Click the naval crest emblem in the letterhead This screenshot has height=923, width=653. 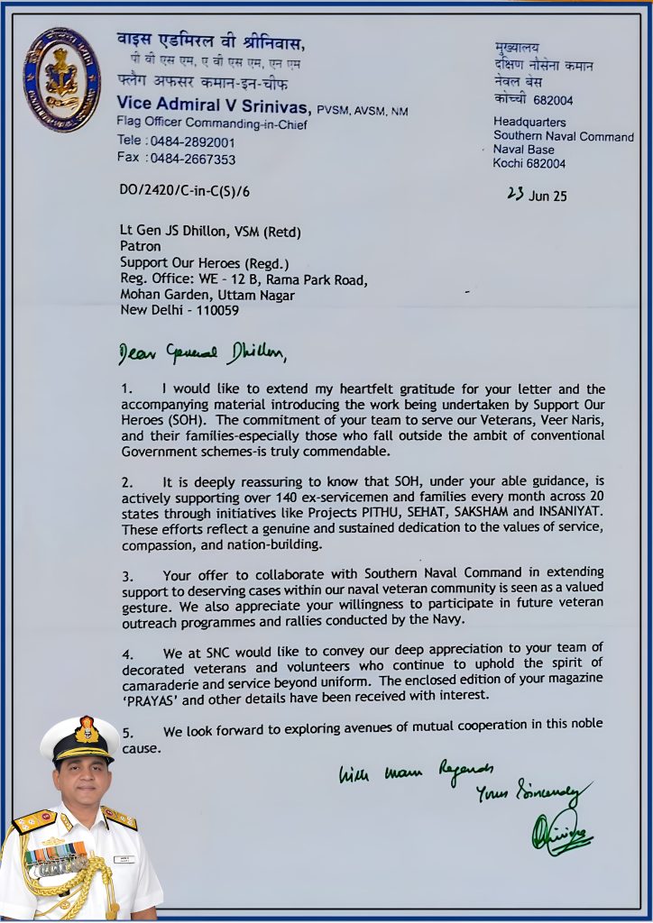coord(60,79)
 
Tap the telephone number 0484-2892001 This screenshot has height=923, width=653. coord(192,142)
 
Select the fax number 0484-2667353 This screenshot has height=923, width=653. coord(192,159)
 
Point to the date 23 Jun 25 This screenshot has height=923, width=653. coord(537,196)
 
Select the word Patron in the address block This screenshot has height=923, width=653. coord(141,246)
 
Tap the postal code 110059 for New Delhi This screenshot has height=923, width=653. coord(212,309)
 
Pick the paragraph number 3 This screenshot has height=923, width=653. coord(127,575)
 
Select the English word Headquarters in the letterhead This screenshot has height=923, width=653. coord(529,122)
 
